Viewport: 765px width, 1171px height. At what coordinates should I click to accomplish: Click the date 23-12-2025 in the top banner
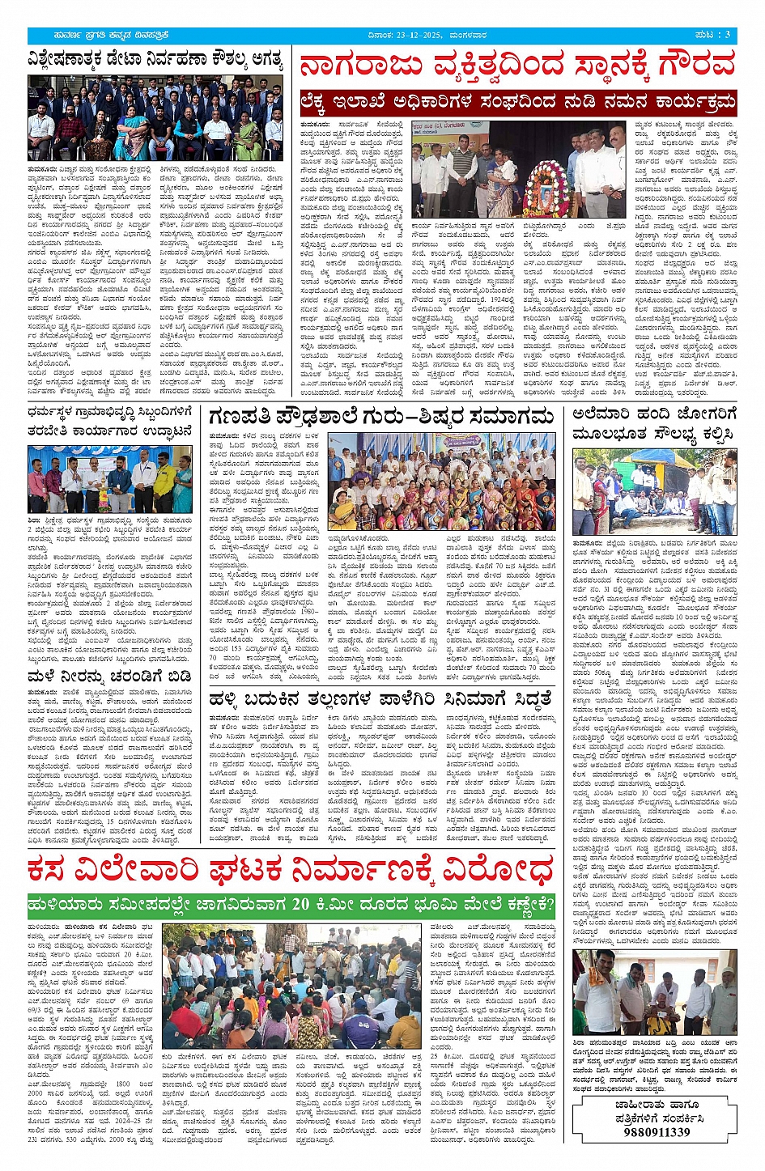pyautogui.click(x=414, y=35)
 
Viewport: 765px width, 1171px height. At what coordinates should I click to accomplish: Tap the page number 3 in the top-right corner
pyautogui.click(x=727, y=34)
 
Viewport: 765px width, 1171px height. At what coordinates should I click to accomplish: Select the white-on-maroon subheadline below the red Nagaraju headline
pyautogui.click(x=517, y=103)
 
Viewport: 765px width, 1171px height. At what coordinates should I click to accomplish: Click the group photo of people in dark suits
pyautogui.click(x=155, y=118)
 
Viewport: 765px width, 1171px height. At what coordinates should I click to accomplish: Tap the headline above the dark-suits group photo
pyautogui.click(x=155, y=60)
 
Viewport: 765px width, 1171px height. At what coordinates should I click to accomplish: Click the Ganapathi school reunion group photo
pyautogui.click(x=441, y=482)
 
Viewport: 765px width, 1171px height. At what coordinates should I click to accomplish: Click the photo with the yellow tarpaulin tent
pyautogui.click(x=654, y=492)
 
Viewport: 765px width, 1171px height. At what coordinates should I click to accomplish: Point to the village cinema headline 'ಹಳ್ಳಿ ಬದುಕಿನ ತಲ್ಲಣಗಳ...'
pyautogui.click(x=380, y=698)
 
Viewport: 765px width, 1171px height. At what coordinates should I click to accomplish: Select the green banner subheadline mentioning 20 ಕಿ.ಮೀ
pyautogui.click(x=290, y=904)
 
